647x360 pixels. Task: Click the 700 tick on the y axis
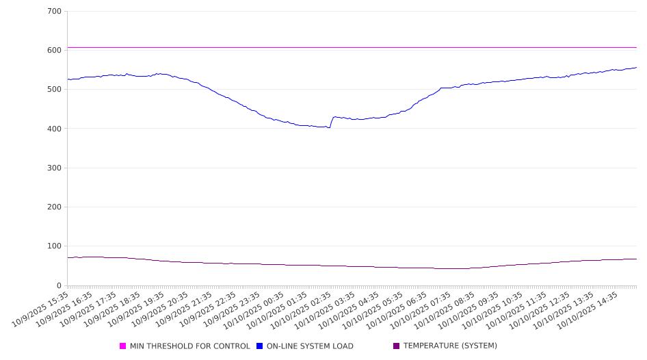click(54, 12)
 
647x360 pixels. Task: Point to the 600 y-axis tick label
click(54, 51)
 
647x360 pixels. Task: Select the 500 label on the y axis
click(54, 90)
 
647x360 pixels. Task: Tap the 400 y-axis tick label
click(54, 129)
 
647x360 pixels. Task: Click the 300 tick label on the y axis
click(54, 168)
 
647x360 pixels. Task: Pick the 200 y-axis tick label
click(54, 207)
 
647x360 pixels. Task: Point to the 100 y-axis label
click(54, 246)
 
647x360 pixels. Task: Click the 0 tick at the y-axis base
click(59, 285)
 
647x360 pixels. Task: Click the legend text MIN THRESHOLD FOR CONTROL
click(189, 346)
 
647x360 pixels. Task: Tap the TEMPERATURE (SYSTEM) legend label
click(450, 346)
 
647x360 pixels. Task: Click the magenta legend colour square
click(123, 346)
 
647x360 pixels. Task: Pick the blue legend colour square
click(260, 346)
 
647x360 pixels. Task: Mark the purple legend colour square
click(397, 346)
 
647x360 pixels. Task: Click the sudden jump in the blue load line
click(332, 122)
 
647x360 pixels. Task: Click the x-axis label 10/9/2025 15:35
click(45, 308)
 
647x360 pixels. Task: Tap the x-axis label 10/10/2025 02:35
click(308, 308)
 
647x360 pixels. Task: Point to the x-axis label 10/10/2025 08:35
click(451, 308)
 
